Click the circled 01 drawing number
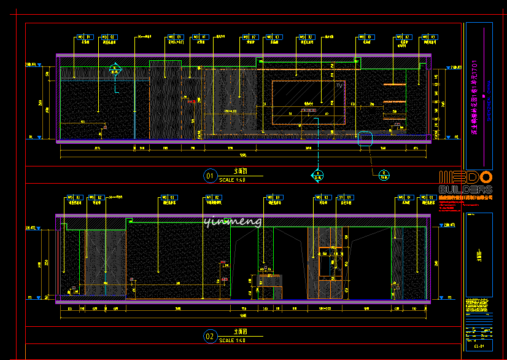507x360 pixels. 210,177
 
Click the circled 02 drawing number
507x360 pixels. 210,336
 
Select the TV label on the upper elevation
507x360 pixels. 339,85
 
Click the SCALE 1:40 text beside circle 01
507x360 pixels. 232,180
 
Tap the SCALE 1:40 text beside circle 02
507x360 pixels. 232,340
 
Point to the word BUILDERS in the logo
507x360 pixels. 465,190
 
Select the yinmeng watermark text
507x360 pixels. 233,221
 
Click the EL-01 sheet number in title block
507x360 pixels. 479,346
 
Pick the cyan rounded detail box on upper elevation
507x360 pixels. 365,138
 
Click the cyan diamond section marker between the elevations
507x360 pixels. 317,177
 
